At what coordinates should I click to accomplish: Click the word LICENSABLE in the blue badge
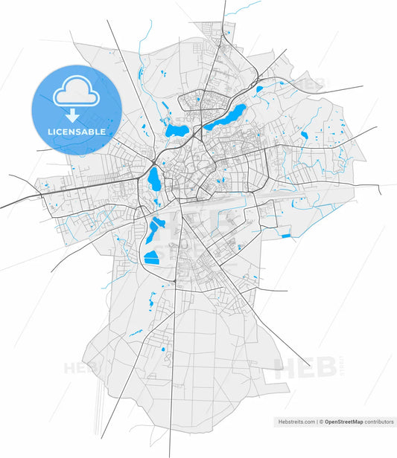click(76, 132)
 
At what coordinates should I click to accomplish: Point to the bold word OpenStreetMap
click(343, 422)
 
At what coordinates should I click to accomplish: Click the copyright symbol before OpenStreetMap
click(321, 422)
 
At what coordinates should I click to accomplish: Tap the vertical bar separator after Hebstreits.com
click(316, 422)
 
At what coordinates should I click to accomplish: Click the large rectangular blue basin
click(151, 258)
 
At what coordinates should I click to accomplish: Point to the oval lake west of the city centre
click(154, 179)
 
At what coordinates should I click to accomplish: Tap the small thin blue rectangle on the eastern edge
click(285, 236)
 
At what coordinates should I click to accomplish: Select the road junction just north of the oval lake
click(154, 160)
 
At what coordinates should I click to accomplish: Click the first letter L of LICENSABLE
click(49, 132)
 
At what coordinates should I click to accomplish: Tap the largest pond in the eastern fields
click(304, 135)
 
